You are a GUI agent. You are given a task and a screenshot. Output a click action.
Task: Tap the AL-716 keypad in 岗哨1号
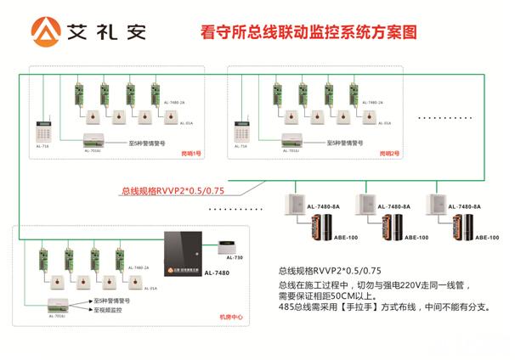[x=44, y=132]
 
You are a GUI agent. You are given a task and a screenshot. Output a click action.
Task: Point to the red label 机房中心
[x=230, y=318]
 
